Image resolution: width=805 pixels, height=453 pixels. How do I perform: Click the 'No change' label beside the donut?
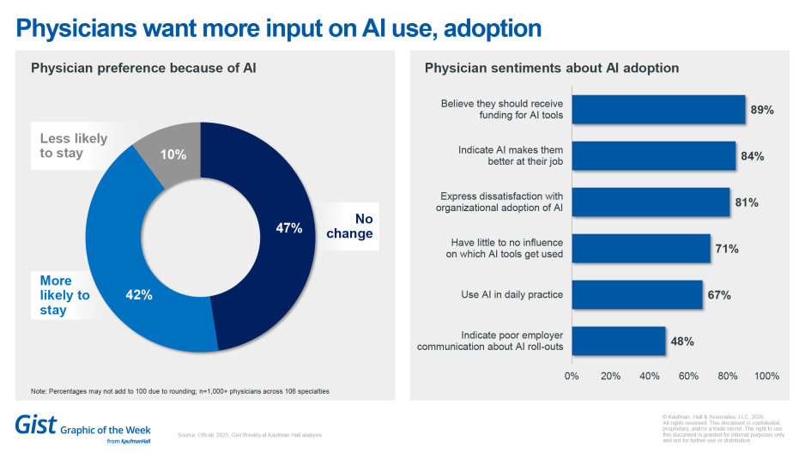tap(350, 226)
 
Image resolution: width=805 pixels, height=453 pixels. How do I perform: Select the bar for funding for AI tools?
tap(658, 110)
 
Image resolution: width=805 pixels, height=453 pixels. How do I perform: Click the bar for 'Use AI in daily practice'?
tap(637, 295)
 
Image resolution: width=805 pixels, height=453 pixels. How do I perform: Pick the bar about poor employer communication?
tap(618, 341)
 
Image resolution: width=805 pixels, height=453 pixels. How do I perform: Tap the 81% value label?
tap(746, 202)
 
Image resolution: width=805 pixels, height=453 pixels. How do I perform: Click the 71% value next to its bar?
tap(727, 249)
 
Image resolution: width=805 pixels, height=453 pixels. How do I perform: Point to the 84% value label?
tap(753, 156)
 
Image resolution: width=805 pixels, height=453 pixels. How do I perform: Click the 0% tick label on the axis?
tap(572, 376)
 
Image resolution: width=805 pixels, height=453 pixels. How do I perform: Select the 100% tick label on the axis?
tap(766, 376)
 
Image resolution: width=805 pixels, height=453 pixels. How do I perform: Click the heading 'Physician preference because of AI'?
tap(143, 68)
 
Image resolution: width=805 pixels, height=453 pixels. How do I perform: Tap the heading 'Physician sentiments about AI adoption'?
tap(552, 68)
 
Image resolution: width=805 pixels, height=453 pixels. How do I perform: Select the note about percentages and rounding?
tap(180, 391)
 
